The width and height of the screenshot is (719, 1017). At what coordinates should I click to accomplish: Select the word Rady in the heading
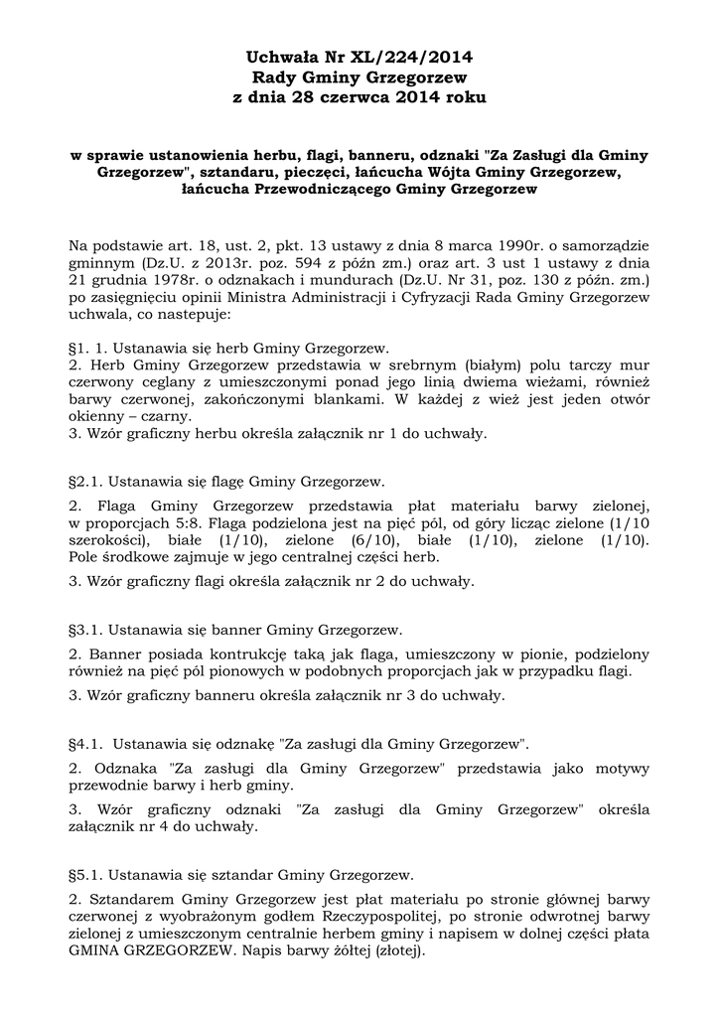[273, 76]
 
